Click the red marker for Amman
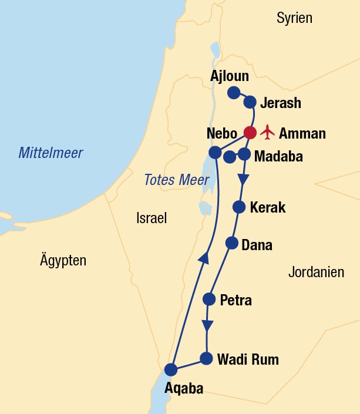click(x=250, y=133)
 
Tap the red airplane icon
click(x=268, y=132)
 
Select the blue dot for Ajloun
click(x=234, y=92)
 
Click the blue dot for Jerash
click(x=250, y=100)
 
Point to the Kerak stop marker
click(x=239, y=207)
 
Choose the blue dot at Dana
click(x=232, y=243)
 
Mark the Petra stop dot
click(x=209, y=299)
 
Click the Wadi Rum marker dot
click(x=206, y=358)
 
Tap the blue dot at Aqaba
click(x=171, y=369)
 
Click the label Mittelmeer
click(x=51, y=153)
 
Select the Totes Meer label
click(x=168, y=180)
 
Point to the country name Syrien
click(x=294, y=18)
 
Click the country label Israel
click(x=152, y=218)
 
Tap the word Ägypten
click(x=63, y=260)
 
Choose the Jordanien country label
click(x=316, y=272)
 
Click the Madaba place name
click(x=279, y=156)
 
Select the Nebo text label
click(x=221, y=133)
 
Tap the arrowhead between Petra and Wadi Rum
click(x=207, y=326)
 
